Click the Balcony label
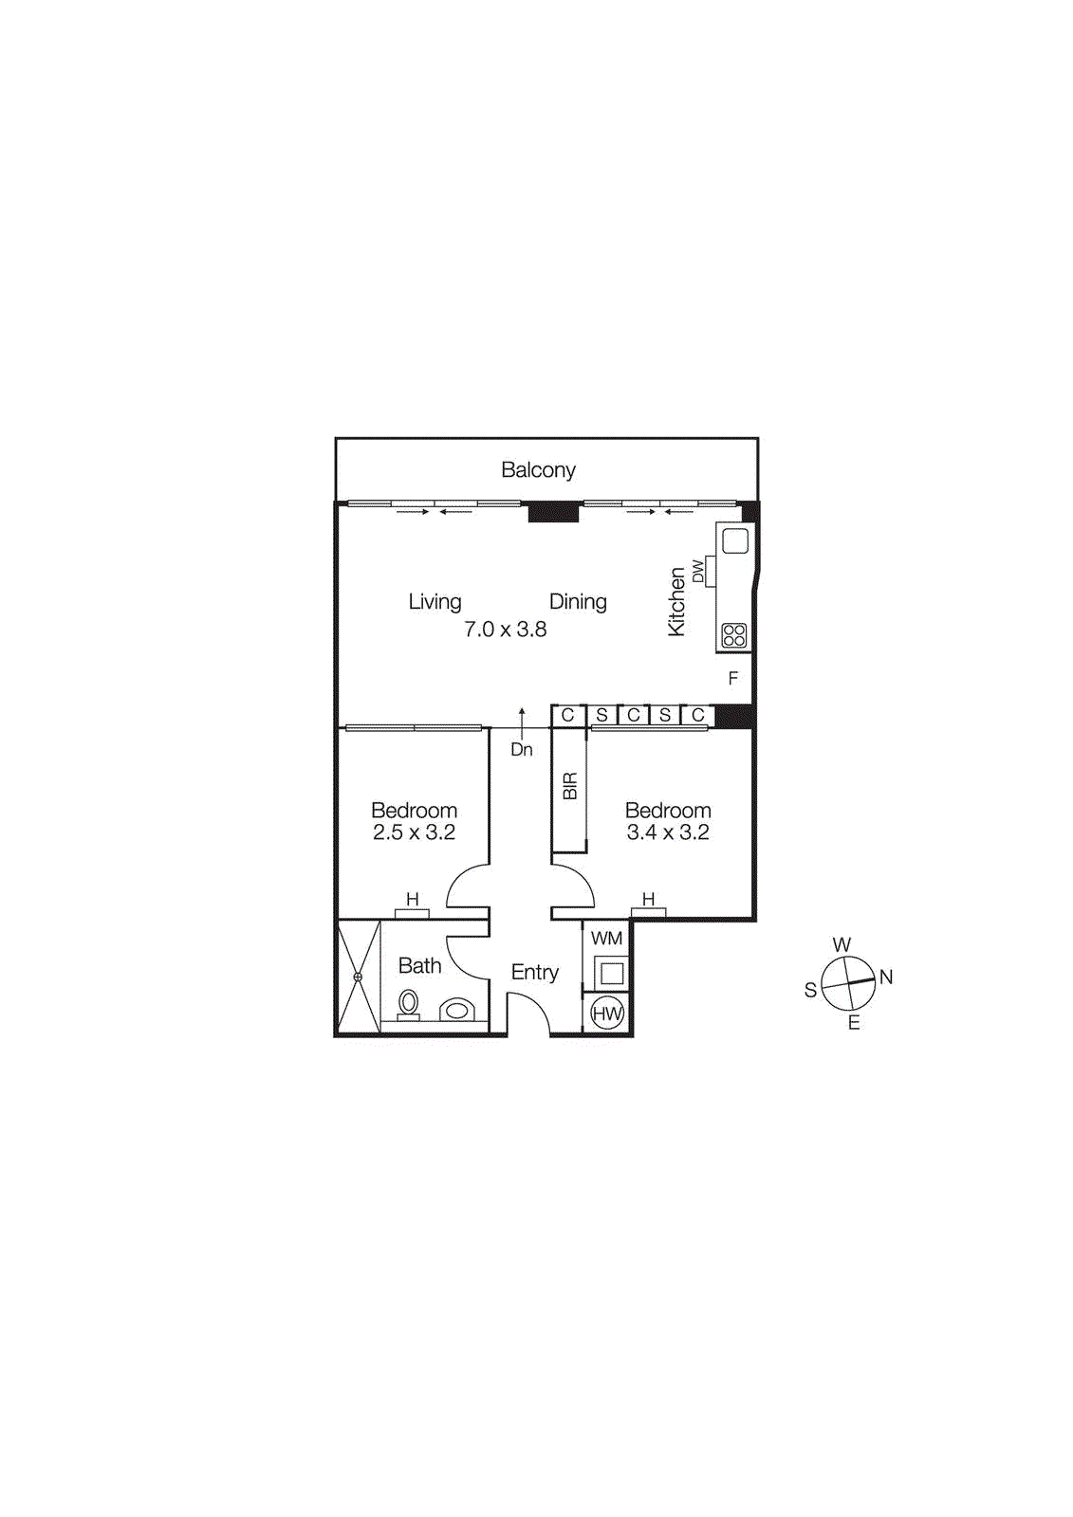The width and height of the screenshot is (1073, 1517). (x=538, y=470)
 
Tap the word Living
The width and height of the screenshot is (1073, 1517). (x=435, y=602)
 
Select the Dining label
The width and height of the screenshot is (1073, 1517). (x=578, y=602)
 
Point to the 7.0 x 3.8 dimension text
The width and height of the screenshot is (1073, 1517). (x=505, y=630)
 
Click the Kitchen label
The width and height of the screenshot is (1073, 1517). (x=676, y=602)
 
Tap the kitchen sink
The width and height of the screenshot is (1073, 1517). (x=735, y=541)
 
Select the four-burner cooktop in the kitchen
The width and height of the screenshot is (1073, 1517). (x=734, y=635)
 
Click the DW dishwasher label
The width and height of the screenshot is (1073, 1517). (x=698, y=572)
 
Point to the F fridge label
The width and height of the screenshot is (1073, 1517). (x=732, y=679)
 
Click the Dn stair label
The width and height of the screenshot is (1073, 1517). (x=522, y=750)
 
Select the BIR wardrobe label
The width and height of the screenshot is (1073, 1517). (x=570, y=786)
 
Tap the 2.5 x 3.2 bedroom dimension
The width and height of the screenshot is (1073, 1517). (x=414, y=832)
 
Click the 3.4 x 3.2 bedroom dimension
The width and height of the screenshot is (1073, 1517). (x=668, y=832)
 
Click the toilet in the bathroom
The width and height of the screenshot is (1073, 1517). (x=409, y=1003)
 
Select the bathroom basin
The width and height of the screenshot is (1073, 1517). (x=457, y=1010)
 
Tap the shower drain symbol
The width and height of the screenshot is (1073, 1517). (x=358, y=977)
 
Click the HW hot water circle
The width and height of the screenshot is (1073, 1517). (x=607, y=1014)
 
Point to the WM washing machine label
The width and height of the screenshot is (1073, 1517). (x=606, y=939)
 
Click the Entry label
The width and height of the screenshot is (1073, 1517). (x=535, y=973)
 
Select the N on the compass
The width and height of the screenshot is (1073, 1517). (x=886, y=978)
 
